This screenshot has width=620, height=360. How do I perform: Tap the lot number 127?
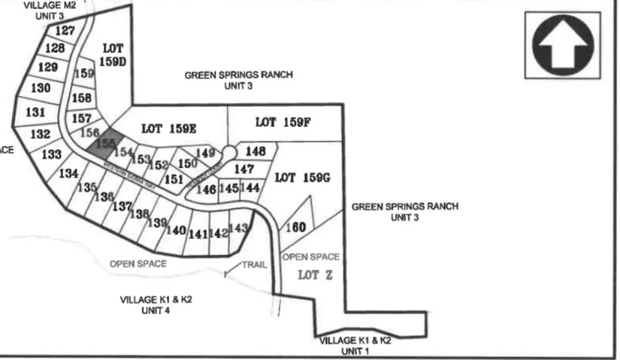[x=65, y=31]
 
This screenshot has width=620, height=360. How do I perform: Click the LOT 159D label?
[x=113, y=56]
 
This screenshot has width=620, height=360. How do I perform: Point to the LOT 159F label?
[x=283, y=122]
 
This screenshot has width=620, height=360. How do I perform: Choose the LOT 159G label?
[x=301, y=178]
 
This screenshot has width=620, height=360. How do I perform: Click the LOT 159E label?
[x=168, y=129]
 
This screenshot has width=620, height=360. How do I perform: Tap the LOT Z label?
[x=315, y=275]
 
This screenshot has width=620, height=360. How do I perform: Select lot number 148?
[x=256, y=152]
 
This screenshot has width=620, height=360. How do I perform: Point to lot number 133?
[x=51, y=154]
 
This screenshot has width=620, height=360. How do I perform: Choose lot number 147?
[x=244, y=169]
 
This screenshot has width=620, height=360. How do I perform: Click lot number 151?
[x=174, y=180]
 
